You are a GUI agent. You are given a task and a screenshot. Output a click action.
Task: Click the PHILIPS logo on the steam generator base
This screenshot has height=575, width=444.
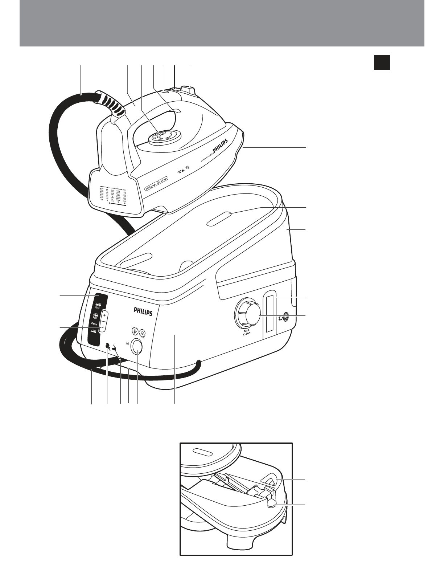tap(143, 311)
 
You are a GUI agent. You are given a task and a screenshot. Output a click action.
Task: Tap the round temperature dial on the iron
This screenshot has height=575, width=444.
tap(164, 137)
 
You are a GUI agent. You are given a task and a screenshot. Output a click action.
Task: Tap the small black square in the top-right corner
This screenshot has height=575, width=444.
tap(382, 62)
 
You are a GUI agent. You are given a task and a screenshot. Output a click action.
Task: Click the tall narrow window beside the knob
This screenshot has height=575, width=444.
tap(269, 314)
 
